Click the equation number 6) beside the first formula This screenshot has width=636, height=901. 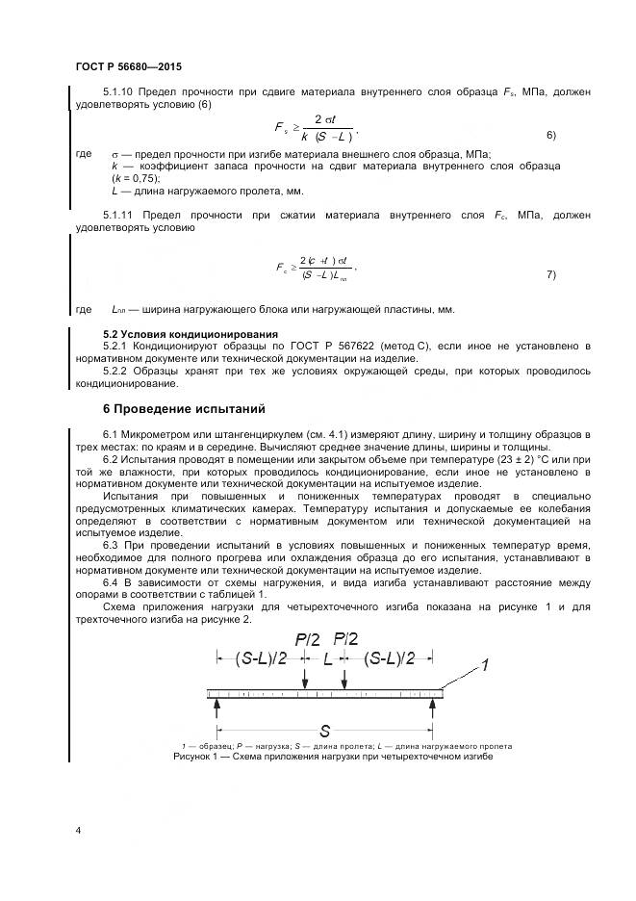pyautogui.click(x=551, y=135)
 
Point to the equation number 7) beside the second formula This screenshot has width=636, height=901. pyautogui.click(x=551, y=274)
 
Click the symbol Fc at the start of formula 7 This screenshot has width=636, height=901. pyautogui.click(x=282, y=269)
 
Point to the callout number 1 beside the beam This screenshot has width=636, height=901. pyautogui.click(x=486, y=663)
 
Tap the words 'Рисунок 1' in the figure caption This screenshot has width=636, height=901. pyautogui.click(x=197, y=758)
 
